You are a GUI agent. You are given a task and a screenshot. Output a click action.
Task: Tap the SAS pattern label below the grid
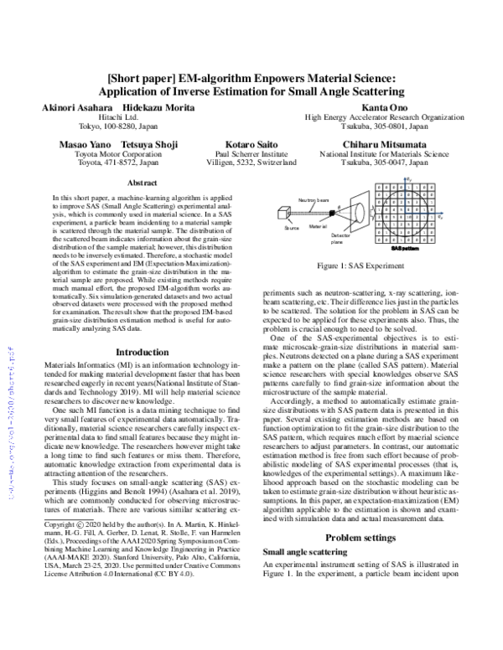[404, 249]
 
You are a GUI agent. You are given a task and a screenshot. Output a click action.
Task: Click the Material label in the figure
[317, 227]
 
